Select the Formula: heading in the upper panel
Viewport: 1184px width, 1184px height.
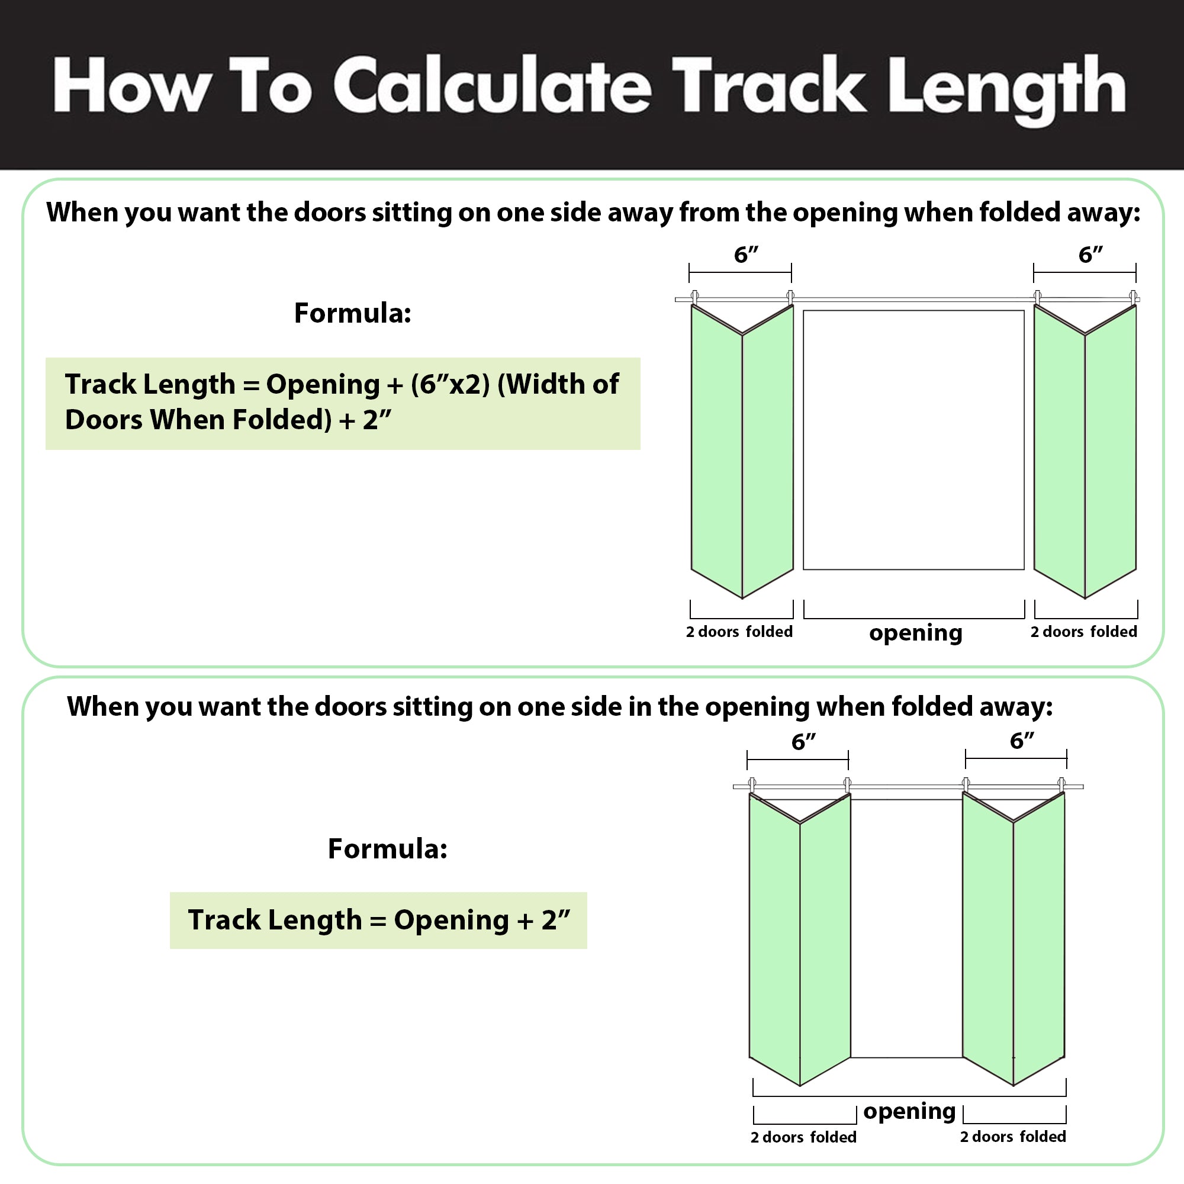tap(352, 313)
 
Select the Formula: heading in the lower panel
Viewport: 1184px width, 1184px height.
tap(387, 848)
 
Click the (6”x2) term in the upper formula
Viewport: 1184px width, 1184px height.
tap(451, 384)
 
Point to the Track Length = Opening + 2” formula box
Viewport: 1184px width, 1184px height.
tap(378, 920)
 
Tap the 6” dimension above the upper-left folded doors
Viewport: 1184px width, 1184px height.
tap(746, 255)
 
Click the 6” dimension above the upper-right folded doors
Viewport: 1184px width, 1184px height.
tap(1090, 255)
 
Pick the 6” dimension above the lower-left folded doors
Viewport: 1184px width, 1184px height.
tap(803, 742)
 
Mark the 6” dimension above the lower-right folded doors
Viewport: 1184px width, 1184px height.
tap(1022, 741)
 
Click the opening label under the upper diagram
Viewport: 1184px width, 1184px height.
tap(916, 633)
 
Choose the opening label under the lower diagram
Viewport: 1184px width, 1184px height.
tap(909, 1111)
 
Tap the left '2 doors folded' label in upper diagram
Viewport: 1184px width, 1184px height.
tap(739, 631)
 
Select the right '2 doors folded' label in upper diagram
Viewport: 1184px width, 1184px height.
tap(1083, 631)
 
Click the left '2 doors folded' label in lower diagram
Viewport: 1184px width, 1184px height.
tap(803, 1137)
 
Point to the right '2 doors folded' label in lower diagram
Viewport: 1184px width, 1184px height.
tap(1013, 1136)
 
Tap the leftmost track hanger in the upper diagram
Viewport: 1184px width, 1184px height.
tap(694, 298)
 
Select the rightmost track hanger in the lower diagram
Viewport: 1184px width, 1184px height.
tap(1061, 785)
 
